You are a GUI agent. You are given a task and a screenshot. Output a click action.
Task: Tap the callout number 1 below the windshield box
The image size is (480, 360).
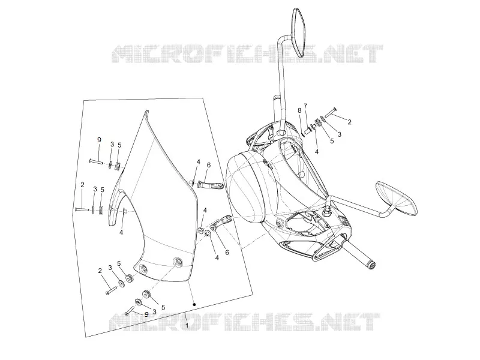click(x=187, y=325)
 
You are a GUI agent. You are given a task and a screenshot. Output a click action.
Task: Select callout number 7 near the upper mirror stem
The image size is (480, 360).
click(x=305, y=106)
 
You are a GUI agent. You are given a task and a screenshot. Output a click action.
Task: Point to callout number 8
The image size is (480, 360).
click(x=299, y=110)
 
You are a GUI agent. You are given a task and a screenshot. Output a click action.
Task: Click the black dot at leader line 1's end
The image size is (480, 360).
click(x=194, y=305)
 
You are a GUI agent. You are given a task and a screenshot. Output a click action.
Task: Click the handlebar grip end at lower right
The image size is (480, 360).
click(x=371, y=266)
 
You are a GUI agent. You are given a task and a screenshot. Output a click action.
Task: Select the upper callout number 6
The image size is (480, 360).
click(x=209, y=165)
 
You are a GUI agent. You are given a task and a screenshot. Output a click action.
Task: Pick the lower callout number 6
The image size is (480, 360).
click(x=227, y=252)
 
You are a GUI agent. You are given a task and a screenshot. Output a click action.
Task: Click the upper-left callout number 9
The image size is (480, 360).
click(x=99, y=140)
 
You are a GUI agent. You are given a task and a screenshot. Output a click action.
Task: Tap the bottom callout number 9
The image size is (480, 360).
click(x=146, y=314)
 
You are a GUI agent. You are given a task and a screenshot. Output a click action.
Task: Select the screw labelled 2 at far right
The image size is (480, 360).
click(x=331, y=112)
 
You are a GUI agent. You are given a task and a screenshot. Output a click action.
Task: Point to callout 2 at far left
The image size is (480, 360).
click(x=82, y=185)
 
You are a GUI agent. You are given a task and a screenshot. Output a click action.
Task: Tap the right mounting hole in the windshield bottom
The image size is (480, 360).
click(x=177, y=262)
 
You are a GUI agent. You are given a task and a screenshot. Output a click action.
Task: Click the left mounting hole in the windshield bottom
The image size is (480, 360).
click(x=143, y=269)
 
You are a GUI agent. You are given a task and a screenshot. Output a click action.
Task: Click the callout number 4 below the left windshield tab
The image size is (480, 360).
click(x=121, y=232)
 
